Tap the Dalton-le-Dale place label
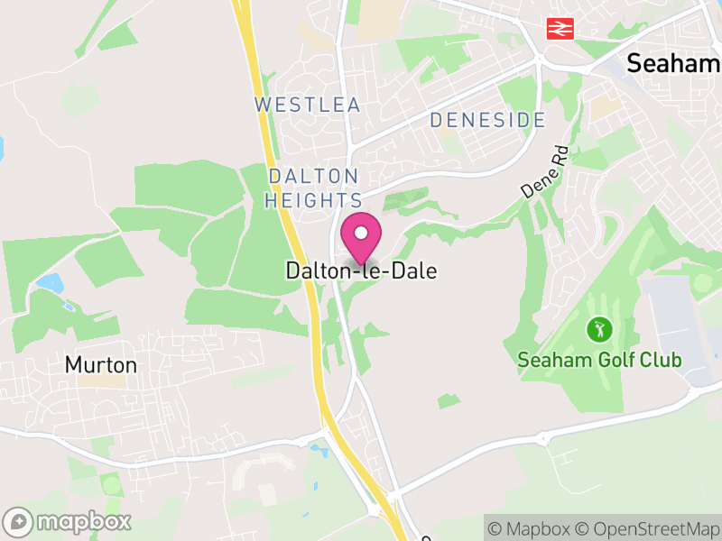click(x=361, y=270)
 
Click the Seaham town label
click(x=673, y=63)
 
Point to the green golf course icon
click(x=598, y=329)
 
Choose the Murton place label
click(x=101, y=365)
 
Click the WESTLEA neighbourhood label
click(x=308, y=105)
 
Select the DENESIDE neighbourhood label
click(x=487, y=120)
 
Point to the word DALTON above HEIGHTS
click(x=313, y=176)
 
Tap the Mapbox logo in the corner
click(x=69, y=521)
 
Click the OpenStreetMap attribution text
click(x=649, y=528)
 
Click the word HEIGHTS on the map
click(x=314, y=200)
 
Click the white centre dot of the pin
click(x=361, y=233)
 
